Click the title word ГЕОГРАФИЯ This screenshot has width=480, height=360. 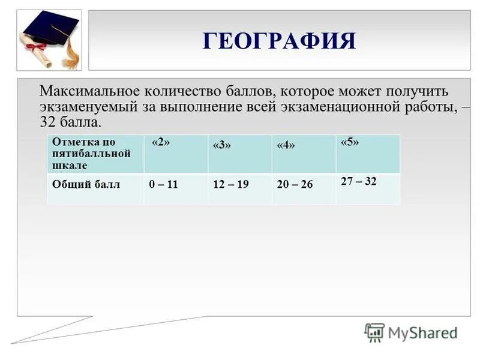280,41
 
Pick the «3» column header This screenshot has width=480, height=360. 221,146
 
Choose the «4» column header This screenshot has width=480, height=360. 286,146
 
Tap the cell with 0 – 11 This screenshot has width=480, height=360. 163,185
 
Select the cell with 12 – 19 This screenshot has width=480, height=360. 230,185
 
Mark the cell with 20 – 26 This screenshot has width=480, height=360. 295,185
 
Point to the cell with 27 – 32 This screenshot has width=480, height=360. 359,181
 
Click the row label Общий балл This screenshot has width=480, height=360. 86,185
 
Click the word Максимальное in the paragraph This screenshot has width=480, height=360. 88,92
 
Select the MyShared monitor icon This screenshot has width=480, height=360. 374,332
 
